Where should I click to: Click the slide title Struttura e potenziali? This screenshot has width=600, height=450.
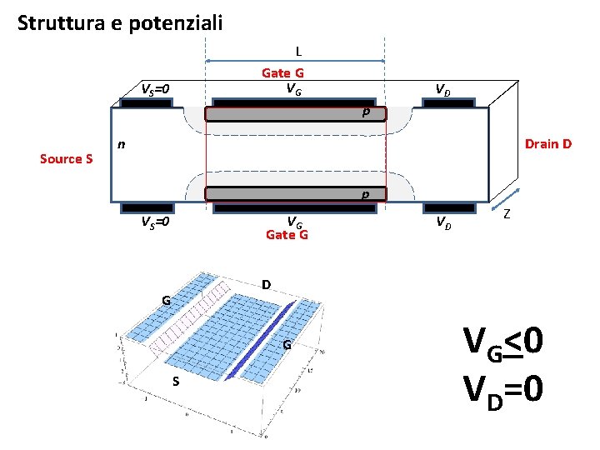click(120, 22)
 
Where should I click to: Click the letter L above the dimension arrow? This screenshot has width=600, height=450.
click(298, 51)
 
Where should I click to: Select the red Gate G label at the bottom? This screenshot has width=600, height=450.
click(287, 235)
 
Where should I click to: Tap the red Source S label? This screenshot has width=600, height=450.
click(67, 158)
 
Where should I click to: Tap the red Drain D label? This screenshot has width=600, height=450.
click(547, 144)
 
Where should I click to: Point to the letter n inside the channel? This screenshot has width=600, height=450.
click(122, 143)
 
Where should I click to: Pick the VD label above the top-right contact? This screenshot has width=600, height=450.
click(443, 89)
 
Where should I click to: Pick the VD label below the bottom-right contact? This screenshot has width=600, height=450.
click(443, 223)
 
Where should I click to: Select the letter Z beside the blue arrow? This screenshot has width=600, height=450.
click(507, 215)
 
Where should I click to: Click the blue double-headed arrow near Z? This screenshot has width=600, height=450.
click(502, 199)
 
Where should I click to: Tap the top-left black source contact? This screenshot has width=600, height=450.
click(146, 103)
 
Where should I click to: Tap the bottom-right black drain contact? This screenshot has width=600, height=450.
click(450, 207)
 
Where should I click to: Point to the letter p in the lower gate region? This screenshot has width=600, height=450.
click(365, 194)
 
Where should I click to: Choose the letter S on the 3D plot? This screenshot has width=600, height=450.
click(176, 382)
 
